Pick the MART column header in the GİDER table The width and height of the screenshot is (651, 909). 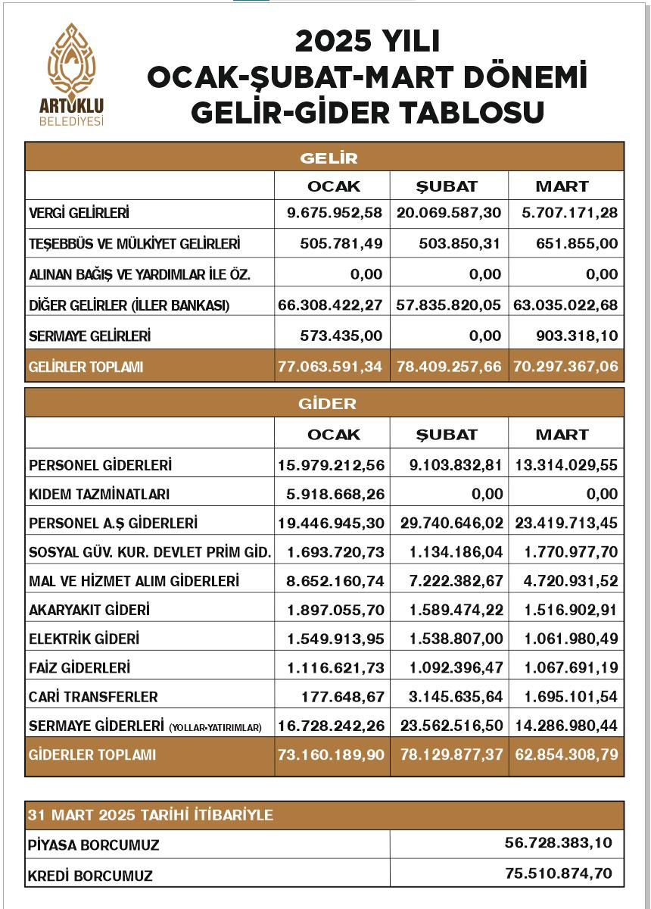562,435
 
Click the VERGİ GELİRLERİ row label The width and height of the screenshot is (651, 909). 79,214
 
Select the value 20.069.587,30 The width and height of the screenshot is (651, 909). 449,213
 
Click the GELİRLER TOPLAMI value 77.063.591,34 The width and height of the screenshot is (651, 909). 330,367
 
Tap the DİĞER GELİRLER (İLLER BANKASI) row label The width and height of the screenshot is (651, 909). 129,305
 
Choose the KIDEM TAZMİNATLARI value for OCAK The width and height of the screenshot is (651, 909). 335,494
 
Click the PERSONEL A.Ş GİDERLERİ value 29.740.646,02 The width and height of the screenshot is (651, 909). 449,523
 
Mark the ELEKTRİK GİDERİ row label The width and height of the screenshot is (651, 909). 84,639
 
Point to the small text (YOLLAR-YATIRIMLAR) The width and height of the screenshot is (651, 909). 216,727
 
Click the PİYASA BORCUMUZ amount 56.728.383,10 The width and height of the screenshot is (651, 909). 559,842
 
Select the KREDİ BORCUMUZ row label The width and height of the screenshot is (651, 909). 90,876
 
